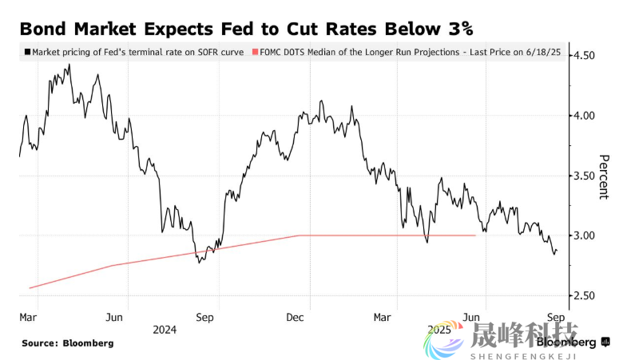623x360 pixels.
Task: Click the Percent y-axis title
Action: [x=604, y=176]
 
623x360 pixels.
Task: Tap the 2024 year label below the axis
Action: [x=165, y=329]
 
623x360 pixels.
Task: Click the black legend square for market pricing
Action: [x=27, y=52]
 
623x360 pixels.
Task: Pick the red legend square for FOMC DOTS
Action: [x=255, y=52]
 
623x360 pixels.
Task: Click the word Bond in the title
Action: [x=44, y=30]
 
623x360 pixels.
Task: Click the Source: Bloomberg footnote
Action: [x=67, y=343]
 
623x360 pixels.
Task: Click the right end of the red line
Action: [x=476, y=235]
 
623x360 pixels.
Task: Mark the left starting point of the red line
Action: [x=29, y=287]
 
